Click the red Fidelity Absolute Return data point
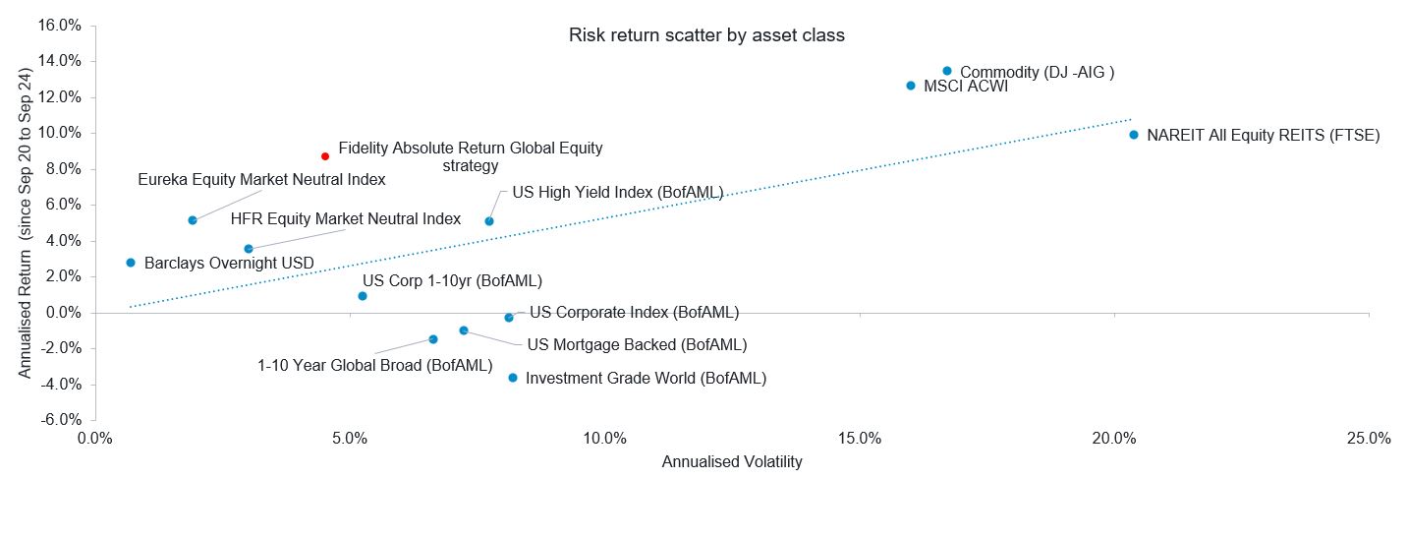click(325, 156)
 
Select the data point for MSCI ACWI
click(911, 86)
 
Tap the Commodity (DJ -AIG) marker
click(947, 71)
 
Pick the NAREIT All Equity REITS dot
click(1134, 135)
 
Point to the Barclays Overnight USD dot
click(131, 263)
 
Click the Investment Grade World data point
click(513, 378)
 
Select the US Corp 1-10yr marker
click(363, 296)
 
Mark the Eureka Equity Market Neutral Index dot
click(193, 220)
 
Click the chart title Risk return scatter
click(706, 35)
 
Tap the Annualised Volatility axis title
click(732, 462)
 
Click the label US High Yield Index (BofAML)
click(617, 193)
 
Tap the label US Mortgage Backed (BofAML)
click(637, 344)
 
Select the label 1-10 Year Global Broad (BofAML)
click(374, 366)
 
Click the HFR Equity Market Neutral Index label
click(345, 218)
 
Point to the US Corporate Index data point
click(509, 318)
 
